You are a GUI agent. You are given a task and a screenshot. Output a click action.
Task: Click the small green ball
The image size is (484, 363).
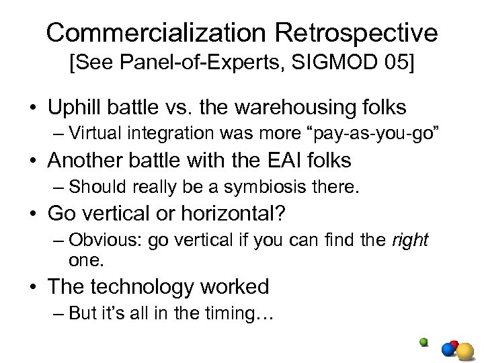coord(424,341)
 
